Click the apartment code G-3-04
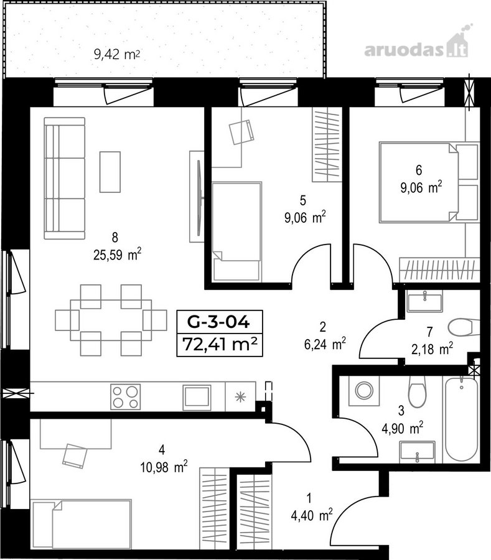point(218,322)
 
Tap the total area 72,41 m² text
point(220,345)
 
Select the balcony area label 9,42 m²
point(116,55)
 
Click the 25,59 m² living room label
point(117,254)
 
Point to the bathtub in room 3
point(461,419)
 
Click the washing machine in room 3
point(364,390)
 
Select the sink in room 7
point(424,301)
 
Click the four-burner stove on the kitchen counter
point(125,397)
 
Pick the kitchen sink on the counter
point(197,397)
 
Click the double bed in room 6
point(429,182)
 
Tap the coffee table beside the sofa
point(110,172)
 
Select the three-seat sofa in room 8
point(65,178)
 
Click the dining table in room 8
point(111,320)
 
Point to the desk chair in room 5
point(241,132)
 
